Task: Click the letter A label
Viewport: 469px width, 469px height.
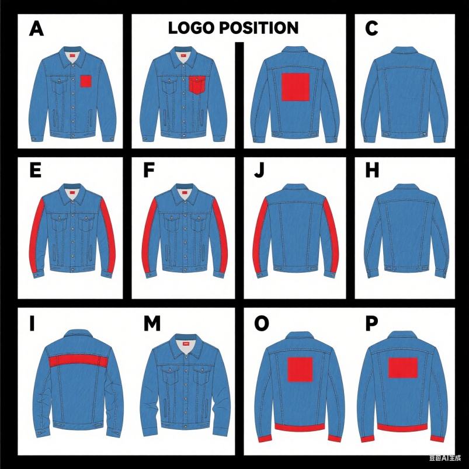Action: [x=36, y=29]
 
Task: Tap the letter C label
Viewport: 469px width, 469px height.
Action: [x=372, y=29]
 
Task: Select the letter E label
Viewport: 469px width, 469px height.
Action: [x=35, y=171]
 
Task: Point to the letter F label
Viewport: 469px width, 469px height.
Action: [x=149, y=171]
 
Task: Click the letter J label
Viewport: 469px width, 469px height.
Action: [x=259, y=171]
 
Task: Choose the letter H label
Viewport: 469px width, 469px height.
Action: [x=371, y=171]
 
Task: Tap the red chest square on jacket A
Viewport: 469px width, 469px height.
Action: [x=86, y=81]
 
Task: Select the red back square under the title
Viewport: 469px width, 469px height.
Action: [x=295, y=87]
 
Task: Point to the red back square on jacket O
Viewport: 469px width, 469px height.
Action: [x=300, y=370]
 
